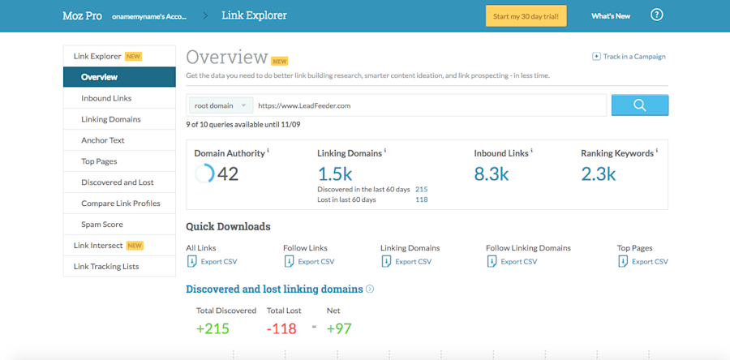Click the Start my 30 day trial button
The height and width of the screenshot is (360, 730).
[526, 15]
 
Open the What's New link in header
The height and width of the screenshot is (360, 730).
[610, 15]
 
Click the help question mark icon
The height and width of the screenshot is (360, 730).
[657, 15]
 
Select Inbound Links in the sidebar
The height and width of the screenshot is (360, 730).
[106, 98]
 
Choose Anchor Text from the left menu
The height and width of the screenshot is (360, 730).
[103, 140]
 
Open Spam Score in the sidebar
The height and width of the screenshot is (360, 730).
[102, 225]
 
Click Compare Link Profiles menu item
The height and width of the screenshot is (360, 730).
[121, 204]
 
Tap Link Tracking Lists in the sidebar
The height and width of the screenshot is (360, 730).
[106, 267]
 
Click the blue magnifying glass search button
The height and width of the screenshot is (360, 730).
[639, 105]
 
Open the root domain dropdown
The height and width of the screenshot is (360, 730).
[221, 105]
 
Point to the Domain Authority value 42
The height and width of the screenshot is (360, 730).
[227, 174]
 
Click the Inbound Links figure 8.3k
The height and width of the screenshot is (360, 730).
[492, 174]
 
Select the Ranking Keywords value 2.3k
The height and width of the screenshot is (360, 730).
[599, 174]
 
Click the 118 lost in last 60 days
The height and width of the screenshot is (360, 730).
[421, 199]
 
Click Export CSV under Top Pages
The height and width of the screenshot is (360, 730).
[649, 262]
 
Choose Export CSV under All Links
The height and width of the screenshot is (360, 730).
[217, 262]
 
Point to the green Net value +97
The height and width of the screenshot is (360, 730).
[339, 328]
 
